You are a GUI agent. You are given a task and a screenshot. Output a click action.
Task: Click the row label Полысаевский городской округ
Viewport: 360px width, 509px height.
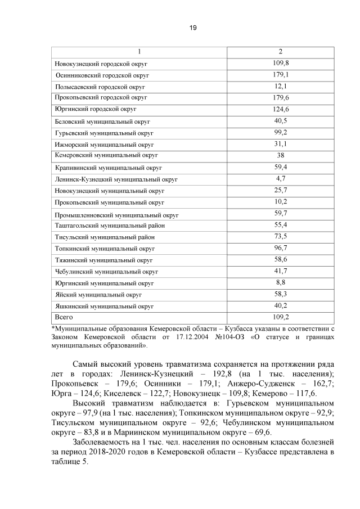[100, 87]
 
